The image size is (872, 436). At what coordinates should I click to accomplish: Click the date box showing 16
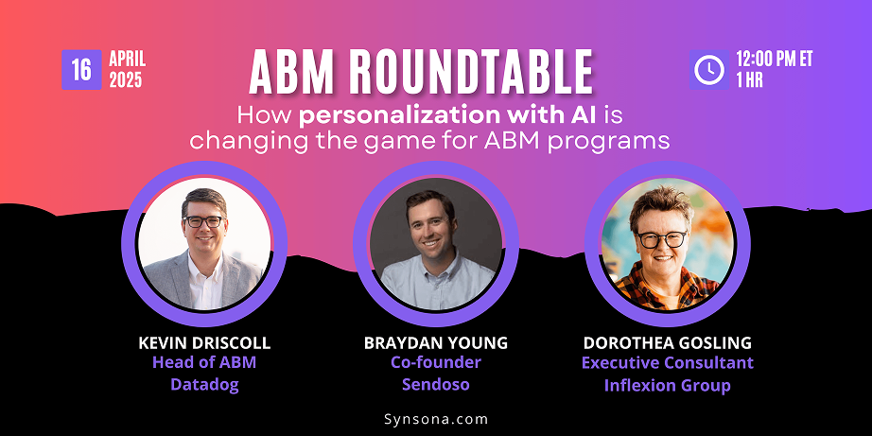tap(81, 70)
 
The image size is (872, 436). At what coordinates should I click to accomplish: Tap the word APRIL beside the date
tap(128, 59)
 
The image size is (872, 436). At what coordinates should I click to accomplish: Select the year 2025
tap(126, 80)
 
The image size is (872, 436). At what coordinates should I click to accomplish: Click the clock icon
tap(709, 70)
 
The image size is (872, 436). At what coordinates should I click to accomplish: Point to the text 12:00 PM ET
tap(775, 59)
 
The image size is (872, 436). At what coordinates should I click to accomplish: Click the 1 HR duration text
tap(750, 80)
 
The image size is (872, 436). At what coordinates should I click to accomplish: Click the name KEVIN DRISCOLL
tap(204, 343)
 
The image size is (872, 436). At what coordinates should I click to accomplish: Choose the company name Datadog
tap(204, 385)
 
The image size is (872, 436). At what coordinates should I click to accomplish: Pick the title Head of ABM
tap(204, 362)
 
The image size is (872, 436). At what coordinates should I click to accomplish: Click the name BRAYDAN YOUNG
tap(436, 343)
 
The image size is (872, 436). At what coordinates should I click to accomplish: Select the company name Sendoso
tap(436, 385)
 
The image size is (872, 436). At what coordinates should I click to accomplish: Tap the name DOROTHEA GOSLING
tap(668, 343)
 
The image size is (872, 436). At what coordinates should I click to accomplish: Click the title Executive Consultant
tap(668, 362)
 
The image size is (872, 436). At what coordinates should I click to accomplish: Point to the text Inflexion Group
tap(668, 385)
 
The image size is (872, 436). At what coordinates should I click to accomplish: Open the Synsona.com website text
tap(436, 419)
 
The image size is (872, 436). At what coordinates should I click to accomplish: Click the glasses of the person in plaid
tap(662, 239)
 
